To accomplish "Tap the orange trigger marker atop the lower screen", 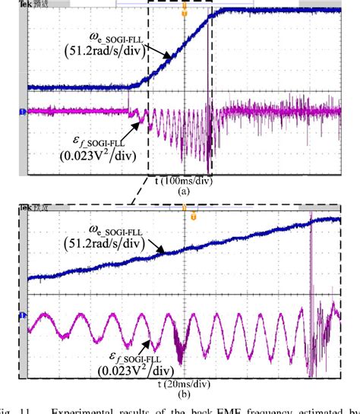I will point(193,216).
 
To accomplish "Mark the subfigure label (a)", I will point(182,193).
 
